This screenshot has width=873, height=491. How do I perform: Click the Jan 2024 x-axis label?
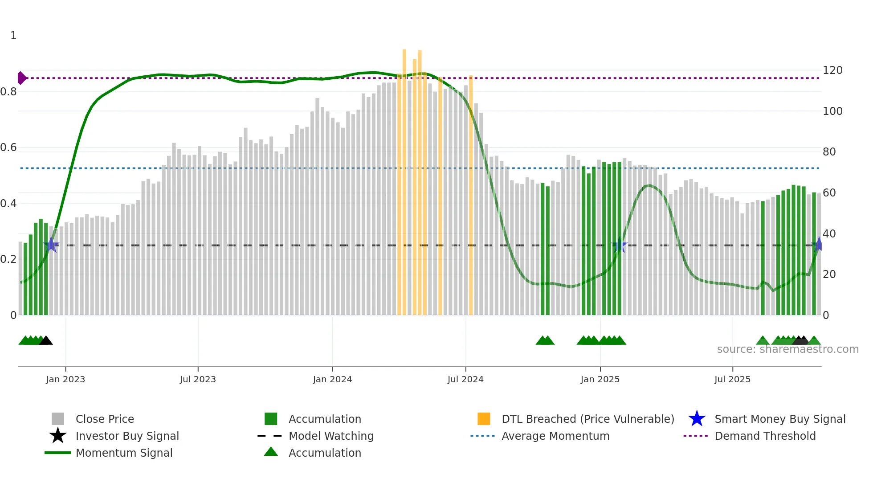coord(332,379)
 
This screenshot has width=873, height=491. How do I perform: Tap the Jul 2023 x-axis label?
coord(198,379)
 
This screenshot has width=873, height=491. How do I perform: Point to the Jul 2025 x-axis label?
coord(732,379)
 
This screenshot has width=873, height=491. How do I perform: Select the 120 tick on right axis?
coord(832,70)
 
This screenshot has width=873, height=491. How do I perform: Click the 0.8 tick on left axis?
coord(8,92)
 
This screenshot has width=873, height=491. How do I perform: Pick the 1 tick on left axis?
coord(13,36)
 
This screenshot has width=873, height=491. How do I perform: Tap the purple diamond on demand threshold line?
coord(21,78)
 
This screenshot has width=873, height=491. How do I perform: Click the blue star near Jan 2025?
coord(620,245)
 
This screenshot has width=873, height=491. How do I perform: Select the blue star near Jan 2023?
coord(52,245)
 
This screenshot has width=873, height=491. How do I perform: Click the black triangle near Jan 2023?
coord(46,340)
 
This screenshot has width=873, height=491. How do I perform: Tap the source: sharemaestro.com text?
coord(787,349)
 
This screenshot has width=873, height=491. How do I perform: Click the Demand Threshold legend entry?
coord(765,436)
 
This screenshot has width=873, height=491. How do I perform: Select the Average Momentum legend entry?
coord(555,436)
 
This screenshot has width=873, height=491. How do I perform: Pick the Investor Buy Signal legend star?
coord(58,436)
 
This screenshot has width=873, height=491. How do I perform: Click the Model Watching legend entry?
coord(330,436)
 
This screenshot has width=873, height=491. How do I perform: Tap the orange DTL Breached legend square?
coord(484,419)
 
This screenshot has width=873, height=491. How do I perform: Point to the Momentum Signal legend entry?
coord(124,453)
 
